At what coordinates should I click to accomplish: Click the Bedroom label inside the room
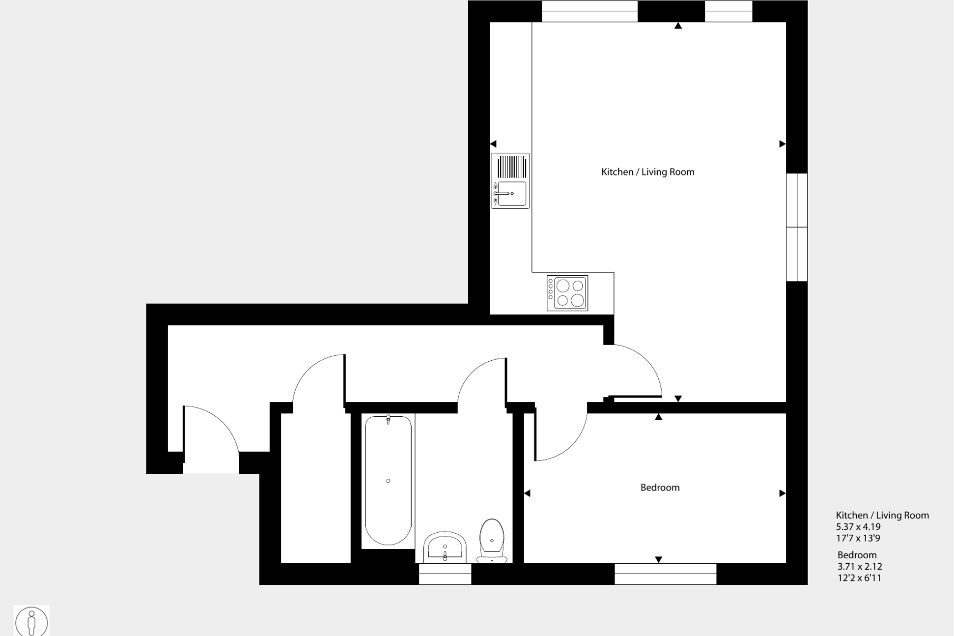[x=660, y=488]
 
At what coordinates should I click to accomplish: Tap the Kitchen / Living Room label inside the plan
[x=647, y=172]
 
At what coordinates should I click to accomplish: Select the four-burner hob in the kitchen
[x=567, y=293]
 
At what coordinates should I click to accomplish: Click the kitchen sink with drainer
[x=510, y=181]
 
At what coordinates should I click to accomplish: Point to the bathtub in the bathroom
[x=388, y=480]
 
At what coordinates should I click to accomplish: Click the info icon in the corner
[x=31, y=621]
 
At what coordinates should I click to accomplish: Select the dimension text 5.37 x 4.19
[x=858, y=527]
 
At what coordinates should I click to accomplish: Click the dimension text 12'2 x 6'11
[x=859, y=578]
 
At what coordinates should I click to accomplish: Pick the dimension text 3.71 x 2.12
[x=860, y=566]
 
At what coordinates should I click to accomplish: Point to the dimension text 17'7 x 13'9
[x=858, y=538]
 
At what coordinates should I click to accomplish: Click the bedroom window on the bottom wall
[x=665, y=574]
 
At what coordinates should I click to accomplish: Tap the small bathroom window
[x=445, y=574]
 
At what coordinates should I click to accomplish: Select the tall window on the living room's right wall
[x=796, y=227]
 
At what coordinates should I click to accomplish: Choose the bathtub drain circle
[x=388, y=481]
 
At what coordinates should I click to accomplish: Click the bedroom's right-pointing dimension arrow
[x=782, y=493]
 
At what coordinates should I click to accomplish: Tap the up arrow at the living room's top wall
[x=678, y=26]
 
